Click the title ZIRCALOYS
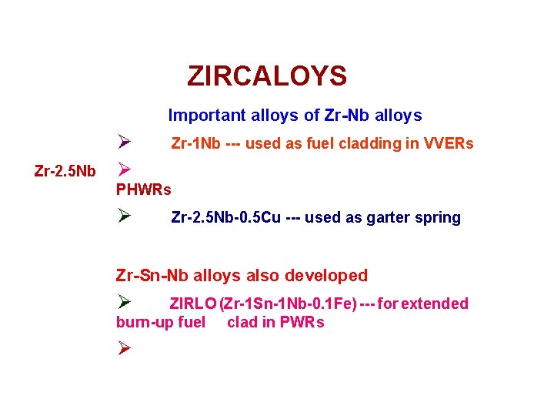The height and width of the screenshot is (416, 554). [x=267, y=76]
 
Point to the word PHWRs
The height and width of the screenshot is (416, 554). [x=144, y=189]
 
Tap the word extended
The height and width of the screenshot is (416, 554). [x=435, y=304]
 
